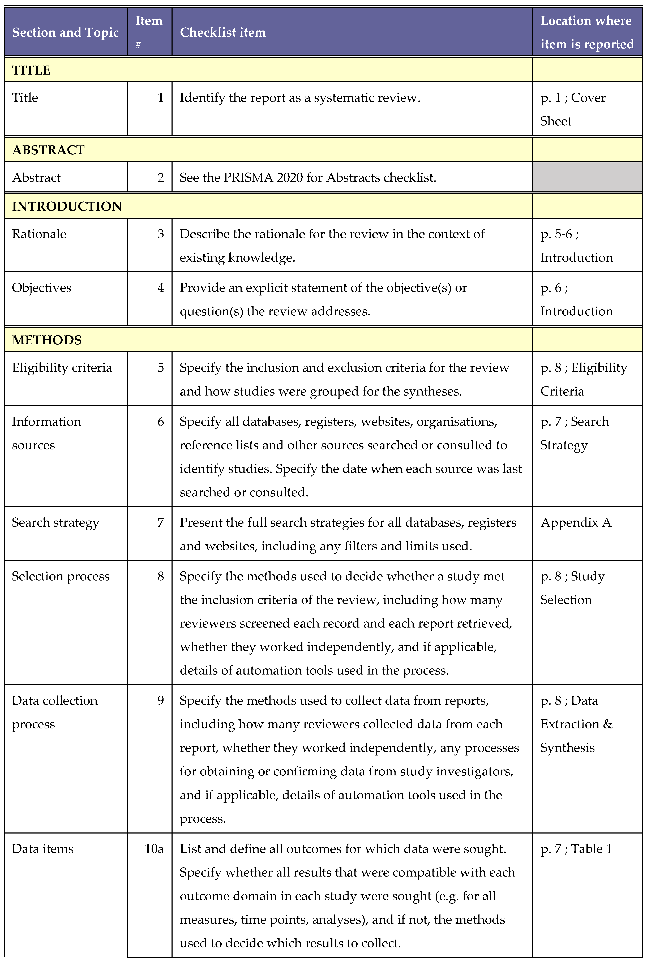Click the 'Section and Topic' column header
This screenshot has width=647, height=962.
click(x=65, y=32)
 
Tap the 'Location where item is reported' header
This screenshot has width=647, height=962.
click(x=587, y=32)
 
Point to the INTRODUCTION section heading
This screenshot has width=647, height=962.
click(x=67, y=206)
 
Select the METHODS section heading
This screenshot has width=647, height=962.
click(x=47, y=340)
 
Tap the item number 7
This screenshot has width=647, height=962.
click(x=161, y=522)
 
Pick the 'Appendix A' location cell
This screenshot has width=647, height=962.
click(x=576, y=522)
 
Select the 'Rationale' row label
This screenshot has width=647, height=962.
click(x=39, y=234)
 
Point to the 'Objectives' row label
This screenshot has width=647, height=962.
click(x=41, y=287)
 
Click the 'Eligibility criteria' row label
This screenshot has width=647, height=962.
click(x=62, y=368)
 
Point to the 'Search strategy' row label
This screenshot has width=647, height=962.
click(x=55, y=522)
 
